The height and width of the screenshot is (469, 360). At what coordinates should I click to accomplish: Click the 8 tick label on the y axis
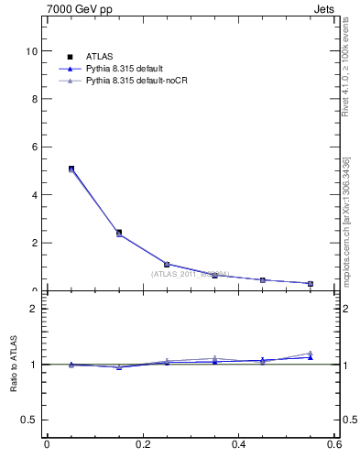[34, 99]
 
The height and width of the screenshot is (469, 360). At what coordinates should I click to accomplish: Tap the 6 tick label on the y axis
[34, 147]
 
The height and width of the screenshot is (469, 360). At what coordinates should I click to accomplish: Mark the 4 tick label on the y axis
[34, 195]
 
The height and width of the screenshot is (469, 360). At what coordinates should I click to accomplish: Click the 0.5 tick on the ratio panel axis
[30, 420]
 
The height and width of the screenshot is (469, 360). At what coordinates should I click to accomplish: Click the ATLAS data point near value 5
[71, 169]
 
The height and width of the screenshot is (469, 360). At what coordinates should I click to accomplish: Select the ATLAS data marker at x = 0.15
[119, 233]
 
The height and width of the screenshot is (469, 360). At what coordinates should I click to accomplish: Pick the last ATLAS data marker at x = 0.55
[311, 283]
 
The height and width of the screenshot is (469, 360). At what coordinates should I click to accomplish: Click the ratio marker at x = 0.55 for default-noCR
[311, 354]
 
